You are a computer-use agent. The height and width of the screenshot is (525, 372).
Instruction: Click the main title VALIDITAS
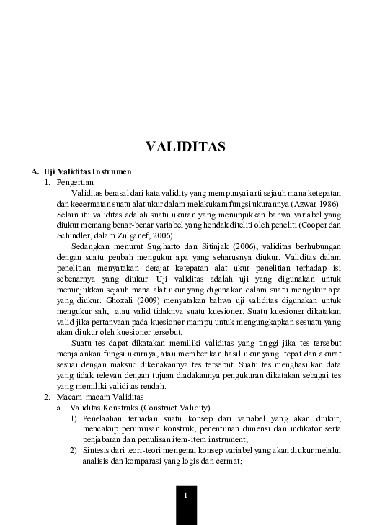[186, 147]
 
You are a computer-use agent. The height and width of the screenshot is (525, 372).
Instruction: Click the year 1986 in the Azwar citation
[329, 204]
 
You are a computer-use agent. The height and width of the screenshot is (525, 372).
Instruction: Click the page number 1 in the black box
[186, 495]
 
